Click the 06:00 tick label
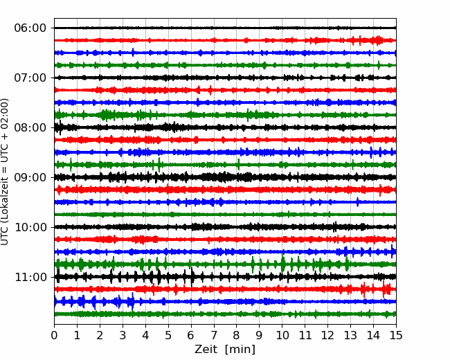pyautogui.click(x=30, y=28)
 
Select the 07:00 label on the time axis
pyautogui.click(x=30, y=78)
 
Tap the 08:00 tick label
pyautogui.click(x=30, y=127)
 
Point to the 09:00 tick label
pyautogui.click(x=30, y=177)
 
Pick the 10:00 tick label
pyautogui.click(x=30, y=227)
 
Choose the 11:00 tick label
pyautogui.click(x=30, y=277)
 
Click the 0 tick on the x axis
pyautogui.click(x=54, y=335)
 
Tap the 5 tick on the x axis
pyautogui.click(x=168, y=335)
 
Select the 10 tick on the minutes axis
pyautogui.click(x=282, y=335)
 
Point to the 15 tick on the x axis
pyautogui.click(x=396, y=335)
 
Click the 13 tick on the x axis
pyautogui.click(x=351, y=335)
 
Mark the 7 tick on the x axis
pyautogui.click(x=214, y=335)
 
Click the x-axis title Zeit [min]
pyautogui.click(x=225, y=350)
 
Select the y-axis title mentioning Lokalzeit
pyautogui.click(x=4, y=172)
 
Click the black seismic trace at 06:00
pyautogui.click(x=225, y=28)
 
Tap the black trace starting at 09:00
pyautogui.click(x=225, y=177)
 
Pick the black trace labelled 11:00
pyautogui.click(x=225, y=277)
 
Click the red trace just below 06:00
pyautogui.click(x=225, y=40)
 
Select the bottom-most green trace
pyautogui.click(x=225, y=314)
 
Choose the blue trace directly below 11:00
pyautogui.click(x=225, y=302)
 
